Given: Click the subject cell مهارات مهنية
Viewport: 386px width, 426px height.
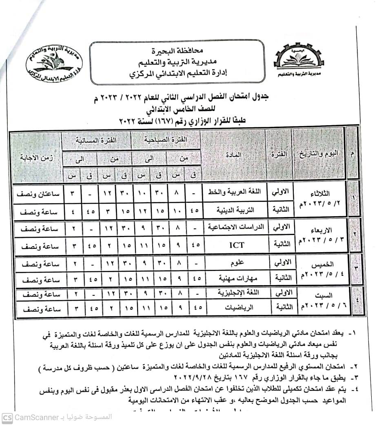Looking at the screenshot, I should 237,278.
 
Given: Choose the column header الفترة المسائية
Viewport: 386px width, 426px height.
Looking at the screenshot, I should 96,140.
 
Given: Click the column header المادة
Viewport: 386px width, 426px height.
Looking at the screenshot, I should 233,155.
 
